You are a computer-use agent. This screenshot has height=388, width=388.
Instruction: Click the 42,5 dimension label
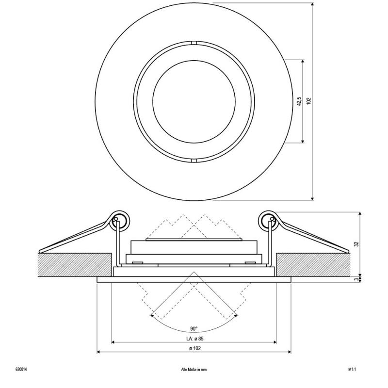[x=299, y=101]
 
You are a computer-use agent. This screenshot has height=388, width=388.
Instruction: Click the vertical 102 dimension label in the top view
[x=308, y=101]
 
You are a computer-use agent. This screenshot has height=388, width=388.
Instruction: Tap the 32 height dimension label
[x=356, y=244]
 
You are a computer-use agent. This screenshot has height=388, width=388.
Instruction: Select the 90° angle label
[x=194, y=329]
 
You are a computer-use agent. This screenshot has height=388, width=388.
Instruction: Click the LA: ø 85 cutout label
[x=195, y=339]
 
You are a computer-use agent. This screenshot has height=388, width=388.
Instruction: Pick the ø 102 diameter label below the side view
[x=195, y=348]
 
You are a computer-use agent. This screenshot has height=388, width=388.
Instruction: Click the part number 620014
[x=21, y=370]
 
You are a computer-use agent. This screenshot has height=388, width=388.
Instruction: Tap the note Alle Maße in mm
[x=194, y=370]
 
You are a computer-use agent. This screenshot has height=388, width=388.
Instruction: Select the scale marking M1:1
[x=352, y=370]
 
